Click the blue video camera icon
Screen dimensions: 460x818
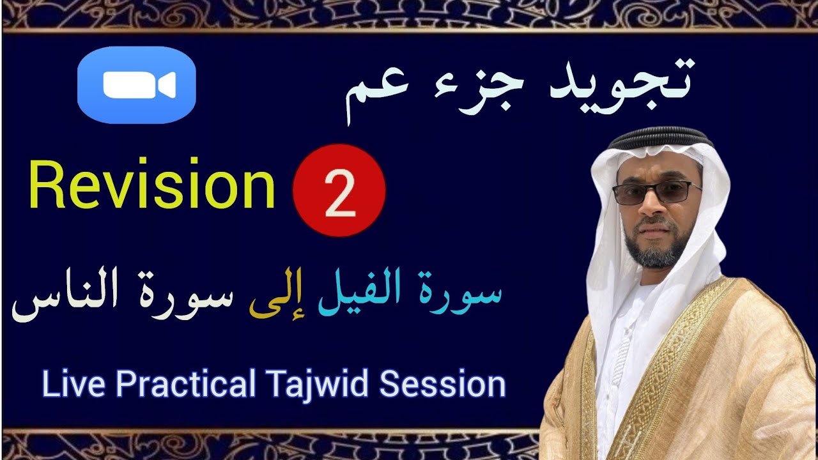point(136,86)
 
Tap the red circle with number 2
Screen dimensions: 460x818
point(339,190)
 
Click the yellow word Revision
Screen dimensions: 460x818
point(152,187)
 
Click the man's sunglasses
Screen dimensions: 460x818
point(656,192)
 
